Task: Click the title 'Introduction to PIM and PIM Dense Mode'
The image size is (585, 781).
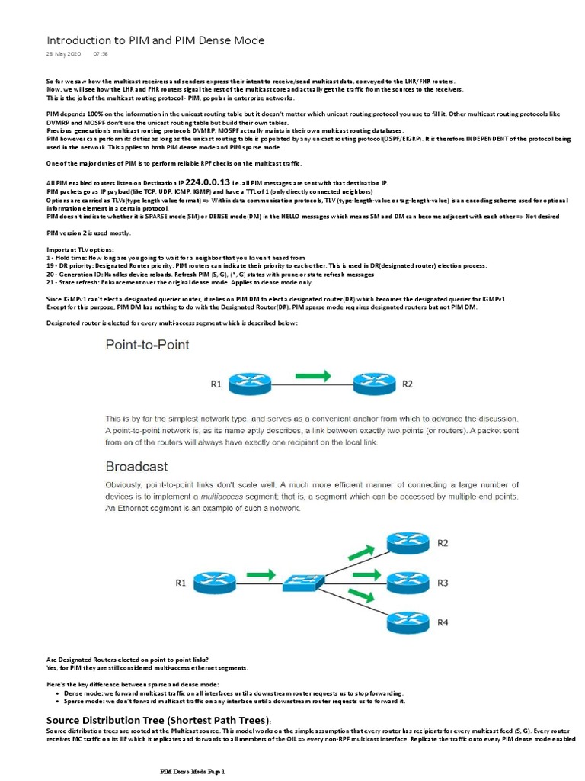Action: pyautogui.click(x=155, y=40)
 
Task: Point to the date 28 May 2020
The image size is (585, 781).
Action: pyautogui.click(x=62, y=55)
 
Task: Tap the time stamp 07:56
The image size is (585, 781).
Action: pyautogui.click(x=101, y=55)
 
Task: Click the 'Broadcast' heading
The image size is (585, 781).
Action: pyautogui.click(x=136, y=466)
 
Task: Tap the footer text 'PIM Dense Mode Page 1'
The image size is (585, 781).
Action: pyautogui.click(x=193, y=772)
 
